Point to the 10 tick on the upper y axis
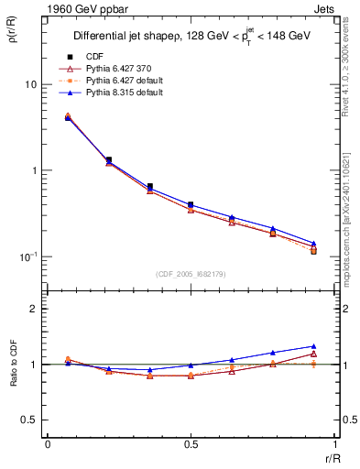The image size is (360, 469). pos(31,84)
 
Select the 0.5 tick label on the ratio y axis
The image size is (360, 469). pos(31,420)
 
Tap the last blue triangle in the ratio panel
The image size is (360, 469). pos(313,346)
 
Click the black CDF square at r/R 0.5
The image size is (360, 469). pos(190,205)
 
